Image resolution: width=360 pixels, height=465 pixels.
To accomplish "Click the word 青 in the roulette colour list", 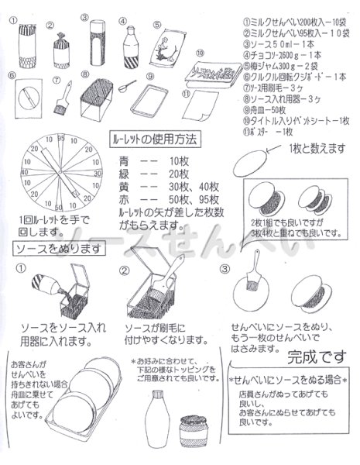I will (125, 160).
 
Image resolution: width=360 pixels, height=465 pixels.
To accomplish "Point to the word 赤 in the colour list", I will (125, 198).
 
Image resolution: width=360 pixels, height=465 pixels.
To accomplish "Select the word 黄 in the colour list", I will (125, 186).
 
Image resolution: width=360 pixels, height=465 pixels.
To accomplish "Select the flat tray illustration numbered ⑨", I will (147, 96).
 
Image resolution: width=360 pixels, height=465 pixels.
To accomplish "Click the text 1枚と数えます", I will (312, 147).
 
